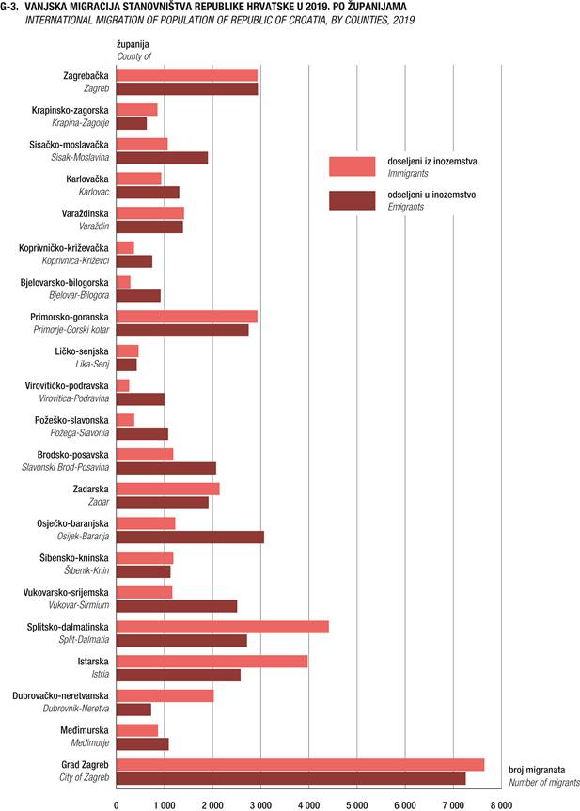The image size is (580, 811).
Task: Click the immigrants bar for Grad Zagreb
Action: click(x=300, y=764)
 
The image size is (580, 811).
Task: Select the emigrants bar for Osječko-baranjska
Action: click(x=190, y=537)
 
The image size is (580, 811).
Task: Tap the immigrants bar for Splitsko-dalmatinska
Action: click(x=223, y=627)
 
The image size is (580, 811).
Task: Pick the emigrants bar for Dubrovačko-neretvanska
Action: click(x=133, y=710)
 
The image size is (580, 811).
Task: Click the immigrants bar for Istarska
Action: click(x=212, y=661)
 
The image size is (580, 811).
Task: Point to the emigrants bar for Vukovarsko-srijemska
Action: click(x=177, y=605)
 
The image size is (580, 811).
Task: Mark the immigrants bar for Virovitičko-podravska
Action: click(x=122, y=385)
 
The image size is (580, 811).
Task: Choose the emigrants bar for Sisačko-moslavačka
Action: click(x=162, y=158)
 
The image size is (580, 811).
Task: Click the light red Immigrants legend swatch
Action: click(x=353, y=166)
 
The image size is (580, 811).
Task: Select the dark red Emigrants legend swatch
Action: click(x=353, y=200)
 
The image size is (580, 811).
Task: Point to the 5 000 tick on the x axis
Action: click(x=357, y=804)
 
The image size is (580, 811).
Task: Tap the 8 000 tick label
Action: click(x=501, y=804)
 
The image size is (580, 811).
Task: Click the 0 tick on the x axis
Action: click(x=117, y=804)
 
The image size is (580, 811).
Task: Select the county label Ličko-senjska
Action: click(x=82, y=351)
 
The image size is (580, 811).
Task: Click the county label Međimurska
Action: click(x=85, y=730)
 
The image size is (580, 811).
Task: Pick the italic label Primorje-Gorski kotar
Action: click(x=71, y=330)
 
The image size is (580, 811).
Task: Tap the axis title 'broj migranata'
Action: click(x=537, y=771)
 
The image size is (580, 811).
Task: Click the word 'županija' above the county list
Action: click(x=133, y=45)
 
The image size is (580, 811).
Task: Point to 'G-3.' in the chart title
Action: click(x=9, y=8)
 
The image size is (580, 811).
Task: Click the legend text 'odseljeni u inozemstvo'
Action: click(x=431, y=195)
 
